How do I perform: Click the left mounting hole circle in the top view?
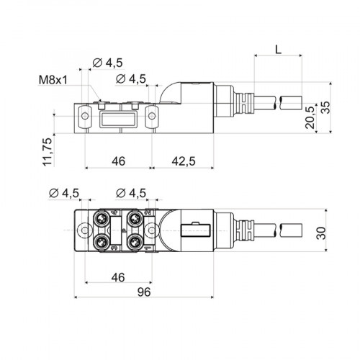(x=86, y=230)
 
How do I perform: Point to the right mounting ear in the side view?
(x=153, y=114)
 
